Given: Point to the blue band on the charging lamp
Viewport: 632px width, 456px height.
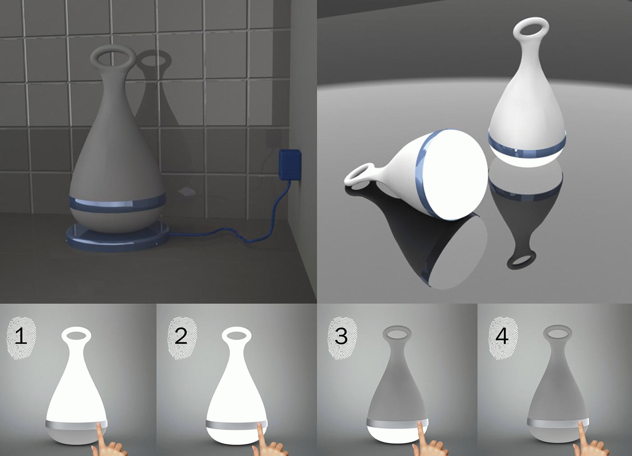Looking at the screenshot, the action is pyautogui.click(x=117, y=203).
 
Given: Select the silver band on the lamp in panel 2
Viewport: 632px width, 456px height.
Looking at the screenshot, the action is pyautogui.click(x=237, y=425).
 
